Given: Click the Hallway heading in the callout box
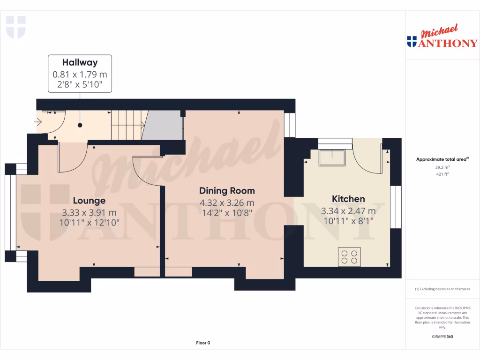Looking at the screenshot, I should coord(80,62).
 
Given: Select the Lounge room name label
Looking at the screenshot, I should coord(89,201).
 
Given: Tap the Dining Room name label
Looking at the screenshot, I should coord(227,191).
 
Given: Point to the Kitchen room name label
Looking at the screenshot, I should coord(348,199).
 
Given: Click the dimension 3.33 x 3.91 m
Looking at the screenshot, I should coord(89,212).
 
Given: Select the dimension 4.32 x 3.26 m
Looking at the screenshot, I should coord(227,202).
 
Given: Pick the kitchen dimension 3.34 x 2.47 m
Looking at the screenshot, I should coord(348,211).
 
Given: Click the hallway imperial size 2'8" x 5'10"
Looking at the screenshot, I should coord(80,84).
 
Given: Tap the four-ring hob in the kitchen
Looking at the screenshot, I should coord(349,256).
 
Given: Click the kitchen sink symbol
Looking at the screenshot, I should coord(332,157).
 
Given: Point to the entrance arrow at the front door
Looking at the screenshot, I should coord(38,123).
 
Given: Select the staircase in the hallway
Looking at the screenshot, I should coord(127,125).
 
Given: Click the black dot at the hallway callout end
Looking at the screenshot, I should coord(80,125).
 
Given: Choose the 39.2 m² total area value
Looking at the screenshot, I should coord(442,166).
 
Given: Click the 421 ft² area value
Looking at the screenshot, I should coord(442,174).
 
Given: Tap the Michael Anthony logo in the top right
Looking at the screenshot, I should coord(442,37).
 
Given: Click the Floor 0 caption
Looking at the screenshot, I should coord(203,343).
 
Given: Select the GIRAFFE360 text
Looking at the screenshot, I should coord(442,337).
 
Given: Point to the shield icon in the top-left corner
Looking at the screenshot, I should coord(15,27).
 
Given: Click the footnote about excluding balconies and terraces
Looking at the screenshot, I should coord(442,289).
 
